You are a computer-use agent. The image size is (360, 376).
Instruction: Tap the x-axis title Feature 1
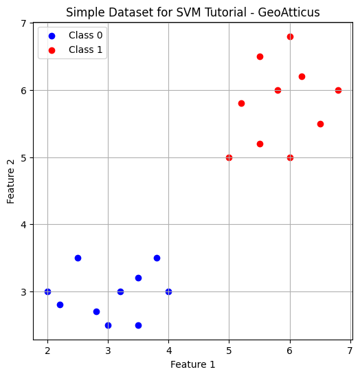click(192, 364)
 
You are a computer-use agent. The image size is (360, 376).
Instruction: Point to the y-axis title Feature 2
click(11, 180)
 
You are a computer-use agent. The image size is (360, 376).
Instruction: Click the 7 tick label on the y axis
click(23, 23)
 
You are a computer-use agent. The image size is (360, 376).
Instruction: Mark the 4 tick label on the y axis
click(23, 225)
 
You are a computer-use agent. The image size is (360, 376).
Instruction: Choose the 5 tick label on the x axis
click(229, 350)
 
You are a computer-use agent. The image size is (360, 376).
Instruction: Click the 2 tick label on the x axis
click(47, 350)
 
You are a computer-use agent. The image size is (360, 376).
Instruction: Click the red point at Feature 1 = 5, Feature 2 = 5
click(229, 157)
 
